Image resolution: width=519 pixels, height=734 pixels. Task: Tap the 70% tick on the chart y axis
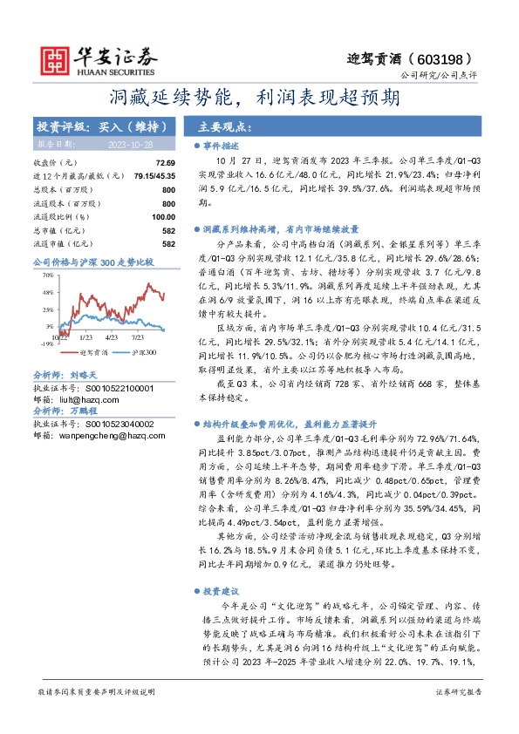pyautogui.click(x=47, y=275)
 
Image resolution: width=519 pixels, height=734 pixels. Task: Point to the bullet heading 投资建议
pyautogui.click(x=222, y=590)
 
